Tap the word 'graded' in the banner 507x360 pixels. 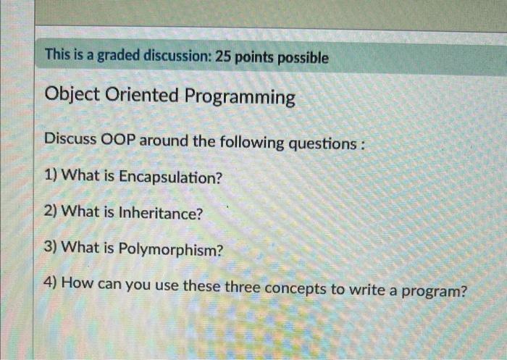click(x=119, y=56)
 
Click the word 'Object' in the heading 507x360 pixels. click(x=72, y=94)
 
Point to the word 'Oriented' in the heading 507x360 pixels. click(x=142, y=95)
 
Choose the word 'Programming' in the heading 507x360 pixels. click(x=240, y=97)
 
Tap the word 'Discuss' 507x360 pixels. click(x=70, y=139)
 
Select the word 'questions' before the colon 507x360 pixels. click(x=322, y=144)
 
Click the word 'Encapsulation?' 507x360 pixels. click(x=171, y=177)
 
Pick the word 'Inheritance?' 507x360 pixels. click(x=161, y=213)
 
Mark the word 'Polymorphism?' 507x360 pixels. click(x=171, y=250)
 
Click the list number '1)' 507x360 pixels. click(x=51, y=175)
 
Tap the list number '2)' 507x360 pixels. click(x=51, y=212)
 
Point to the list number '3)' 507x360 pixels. click(x=51, y=247)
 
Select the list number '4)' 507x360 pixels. click(x=51, y=282)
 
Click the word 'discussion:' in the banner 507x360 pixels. click(x=177, y=56)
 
